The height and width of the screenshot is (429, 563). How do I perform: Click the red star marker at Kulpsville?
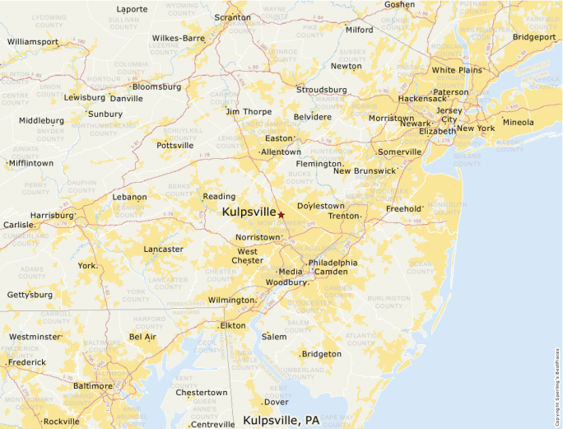pos(281,214)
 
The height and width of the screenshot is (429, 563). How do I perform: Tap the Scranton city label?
pos(232,17)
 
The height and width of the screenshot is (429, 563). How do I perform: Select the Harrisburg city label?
pos(52,216)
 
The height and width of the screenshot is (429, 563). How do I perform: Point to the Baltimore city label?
pos(92,385)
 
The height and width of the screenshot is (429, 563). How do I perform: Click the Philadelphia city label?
pos(333,263)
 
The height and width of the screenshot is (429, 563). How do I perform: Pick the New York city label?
pos(476,128)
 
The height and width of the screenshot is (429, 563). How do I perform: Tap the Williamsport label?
pos(33,40)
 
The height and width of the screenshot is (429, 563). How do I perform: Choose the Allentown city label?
pos(281,152)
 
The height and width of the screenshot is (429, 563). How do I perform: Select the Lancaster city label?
pos(163,249)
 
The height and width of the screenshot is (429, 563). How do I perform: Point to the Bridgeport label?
pos(534,37)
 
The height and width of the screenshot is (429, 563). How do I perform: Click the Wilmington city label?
pos(231,301)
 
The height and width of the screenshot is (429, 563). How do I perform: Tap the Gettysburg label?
pos(30,295)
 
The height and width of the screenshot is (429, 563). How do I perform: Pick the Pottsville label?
pos(174,146)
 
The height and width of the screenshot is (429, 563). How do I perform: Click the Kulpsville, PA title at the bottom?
pos(281,420)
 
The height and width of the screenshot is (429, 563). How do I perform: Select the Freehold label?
pos(403,209)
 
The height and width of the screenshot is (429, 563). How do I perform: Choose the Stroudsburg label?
pos(321,89)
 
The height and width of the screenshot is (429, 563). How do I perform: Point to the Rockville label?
pos(62,422)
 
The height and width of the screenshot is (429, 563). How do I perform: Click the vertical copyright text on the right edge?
pos(557,383)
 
